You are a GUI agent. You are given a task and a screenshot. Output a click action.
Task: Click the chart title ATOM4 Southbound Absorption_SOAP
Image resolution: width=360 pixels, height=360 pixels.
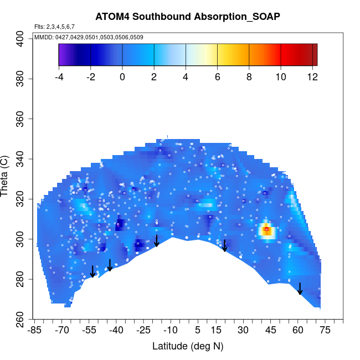pyautogui.click(x=188, y=16)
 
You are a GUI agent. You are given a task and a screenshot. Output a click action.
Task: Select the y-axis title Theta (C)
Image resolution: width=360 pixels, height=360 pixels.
pyautogui.click(x=6, y=177)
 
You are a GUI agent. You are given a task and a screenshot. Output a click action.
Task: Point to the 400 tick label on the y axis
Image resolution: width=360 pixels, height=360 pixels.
pyautogui.click(x=20, y=39)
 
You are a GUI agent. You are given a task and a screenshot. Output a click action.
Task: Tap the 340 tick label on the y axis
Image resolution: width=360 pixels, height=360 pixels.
pyautogui.click(x=20, y=159)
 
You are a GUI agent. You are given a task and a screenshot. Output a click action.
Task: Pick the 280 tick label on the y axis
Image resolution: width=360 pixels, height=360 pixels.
pyautogui.click(x=20, y=279)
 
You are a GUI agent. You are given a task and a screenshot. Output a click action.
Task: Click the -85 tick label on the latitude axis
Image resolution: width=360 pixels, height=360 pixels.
pyautogui.click(x=35, y=330)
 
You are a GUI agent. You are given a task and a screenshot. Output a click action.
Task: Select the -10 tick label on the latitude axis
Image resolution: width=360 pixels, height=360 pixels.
pyautogui.click(x=171, y=330)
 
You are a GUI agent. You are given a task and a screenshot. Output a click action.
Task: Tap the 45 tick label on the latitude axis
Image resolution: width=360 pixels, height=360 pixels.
pyautogui.click(x=270, y=330)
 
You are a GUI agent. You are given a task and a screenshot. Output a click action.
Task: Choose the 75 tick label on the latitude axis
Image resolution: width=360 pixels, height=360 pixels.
pyautogui.click(x=325, y=330)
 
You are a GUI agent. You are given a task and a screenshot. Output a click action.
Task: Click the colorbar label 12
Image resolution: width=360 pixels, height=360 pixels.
pyautogui.click(x=312, y=77)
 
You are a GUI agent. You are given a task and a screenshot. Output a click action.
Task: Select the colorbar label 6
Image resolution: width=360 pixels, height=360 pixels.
pyautogui.click(x=217, y=77)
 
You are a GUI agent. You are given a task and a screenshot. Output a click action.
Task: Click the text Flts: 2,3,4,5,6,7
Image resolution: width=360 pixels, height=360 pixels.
pyautogui.click(x=54, y=27)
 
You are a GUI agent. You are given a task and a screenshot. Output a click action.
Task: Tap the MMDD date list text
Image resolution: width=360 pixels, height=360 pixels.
pyautogui.click(x=89, y=37)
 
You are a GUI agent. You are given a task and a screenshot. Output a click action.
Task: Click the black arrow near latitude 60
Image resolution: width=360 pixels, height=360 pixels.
pyautogui.click(x=300, y=289)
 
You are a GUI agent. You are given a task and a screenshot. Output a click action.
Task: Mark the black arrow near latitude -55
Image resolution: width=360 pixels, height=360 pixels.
pyautogui.click(x=92, y=271)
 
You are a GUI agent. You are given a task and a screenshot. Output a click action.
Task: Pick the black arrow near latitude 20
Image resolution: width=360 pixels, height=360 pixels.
pyautogui.click(x=225, y=246)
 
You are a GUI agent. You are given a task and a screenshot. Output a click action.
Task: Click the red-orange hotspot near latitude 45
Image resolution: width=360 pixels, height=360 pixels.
pyautogui.click(x=267, y=230)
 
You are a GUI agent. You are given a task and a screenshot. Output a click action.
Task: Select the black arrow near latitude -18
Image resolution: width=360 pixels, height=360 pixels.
pyautogui.click(x=157, y=240)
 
